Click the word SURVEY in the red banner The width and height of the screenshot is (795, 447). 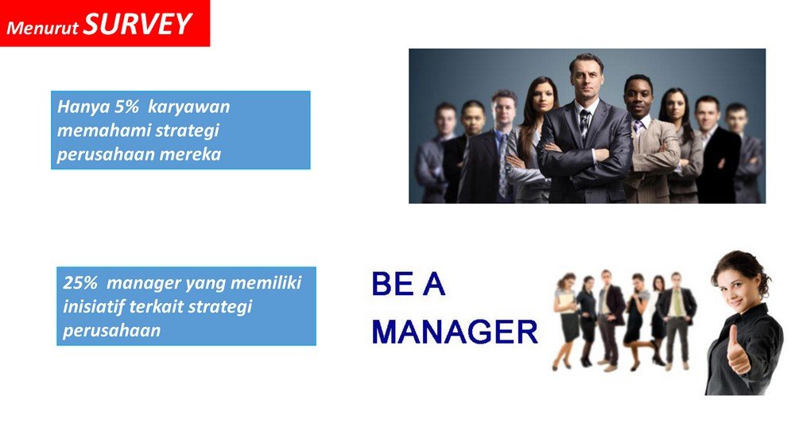coord(138,23)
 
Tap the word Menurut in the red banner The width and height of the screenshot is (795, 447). coord(43,27)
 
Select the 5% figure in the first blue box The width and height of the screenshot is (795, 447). coord(126,107)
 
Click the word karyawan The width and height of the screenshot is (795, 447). coord(188,107)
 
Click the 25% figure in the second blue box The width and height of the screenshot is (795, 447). coord(80,282)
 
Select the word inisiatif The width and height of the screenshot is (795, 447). coord(94,306)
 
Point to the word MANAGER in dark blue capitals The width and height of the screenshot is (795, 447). coord(455,332)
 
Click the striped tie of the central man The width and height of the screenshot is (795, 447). coord(584,123)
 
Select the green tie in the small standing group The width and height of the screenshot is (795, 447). coord(677,302)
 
